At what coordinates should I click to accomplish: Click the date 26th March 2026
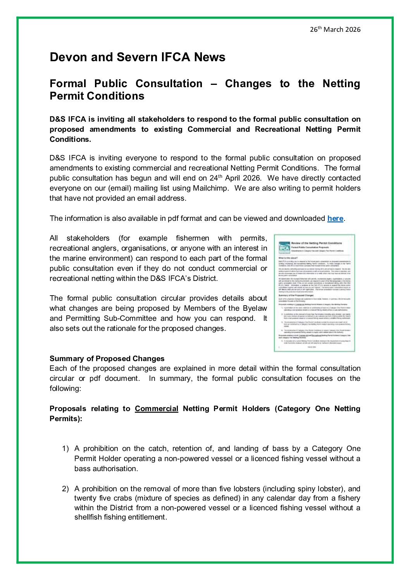click(x=335, y=29)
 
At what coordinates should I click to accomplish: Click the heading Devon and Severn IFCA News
click(x=137, y=57)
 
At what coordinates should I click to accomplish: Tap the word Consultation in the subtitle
click(x=169, y=84)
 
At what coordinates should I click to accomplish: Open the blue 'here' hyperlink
click(x=335, y=219)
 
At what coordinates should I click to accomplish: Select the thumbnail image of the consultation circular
click(x=314, y=293)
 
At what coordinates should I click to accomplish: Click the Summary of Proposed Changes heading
click(x=107, y=358)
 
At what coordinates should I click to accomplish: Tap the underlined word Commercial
click(x=157, y=409)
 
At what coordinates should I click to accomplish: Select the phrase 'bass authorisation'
click(x=106, y=469)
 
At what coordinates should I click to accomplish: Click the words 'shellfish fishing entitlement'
click(x=121, y=517)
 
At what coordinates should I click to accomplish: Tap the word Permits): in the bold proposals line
click(x=66, y=419)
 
